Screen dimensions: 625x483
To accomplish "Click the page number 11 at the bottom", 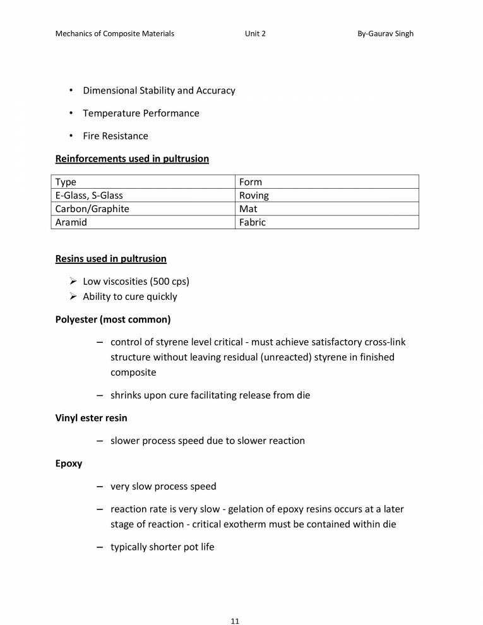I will [235, 604].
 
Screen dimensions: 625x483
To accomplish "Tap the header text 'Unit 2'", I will [255, 33].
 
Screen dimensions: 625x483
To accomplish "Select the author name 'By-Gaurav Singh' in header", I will [385, 33].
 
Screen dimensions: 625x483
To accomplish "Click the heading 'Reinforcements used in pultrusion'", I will [132, 158].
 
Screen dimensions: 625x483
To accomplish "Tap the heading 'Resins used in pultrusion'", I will [111, 258].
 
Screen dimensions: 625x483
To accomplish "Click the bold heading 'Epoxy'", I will [69, 463].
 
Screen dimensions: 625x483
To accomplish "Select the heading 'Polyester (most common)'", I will [113, 319].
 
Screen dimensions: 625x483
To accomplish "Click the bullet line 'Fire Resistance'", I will [116, 136].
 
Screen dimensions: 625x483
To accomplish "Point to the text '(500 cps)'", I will [170, 282].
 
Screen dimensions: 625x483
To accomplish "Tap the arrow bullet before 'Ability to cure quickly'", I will [73, 297].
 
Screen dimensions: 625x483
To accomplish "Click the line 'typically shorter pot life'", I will [162, 547].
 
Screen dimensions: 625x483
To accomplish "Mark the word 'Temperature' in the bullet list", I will [109, 113].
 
